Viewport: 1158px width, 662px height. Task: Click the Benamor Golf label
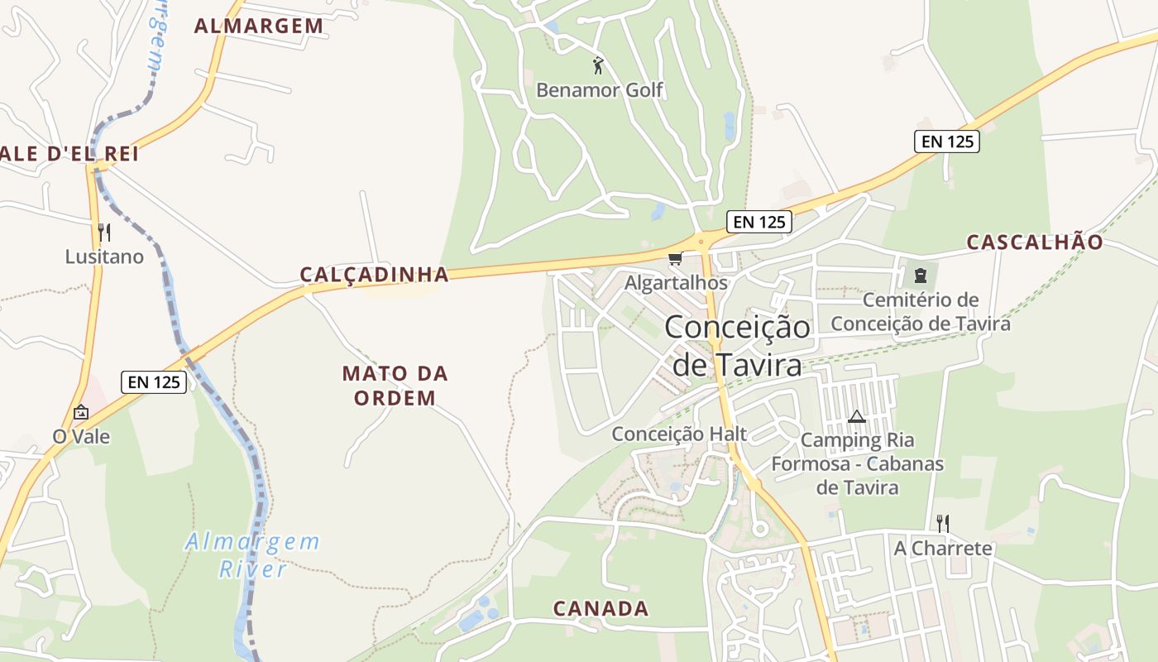coord(600,89)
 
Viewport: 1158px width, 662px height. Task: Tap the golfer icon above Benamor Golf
coord(598,65)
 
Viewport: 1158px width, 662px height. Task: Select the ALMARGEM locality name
coord(259,26)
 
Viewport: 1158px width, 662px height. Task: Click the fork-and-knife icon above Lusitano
coord(104,232)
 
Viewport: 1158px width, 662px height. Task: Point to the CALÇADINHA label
coord(374,275)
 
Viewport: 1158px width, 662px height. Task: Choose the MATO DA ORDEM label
coord(395,386)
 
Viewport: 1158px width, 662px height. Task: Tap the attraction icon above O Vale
coord(81,411)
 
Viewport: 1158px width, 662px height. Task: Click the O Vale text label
coord(81,436)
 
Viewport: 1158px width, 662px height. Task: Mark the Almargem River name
coord(252,555)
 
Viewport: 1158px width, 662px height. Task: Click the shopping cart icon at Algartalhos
coord(676,259)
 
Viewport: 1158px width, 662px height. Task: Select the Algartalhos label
coord(676,283)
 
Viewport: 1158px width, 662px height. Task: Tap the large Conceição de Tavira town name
coord(737,345)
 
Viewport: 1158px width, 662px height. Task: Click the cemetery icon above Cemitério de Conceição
coord(920,276)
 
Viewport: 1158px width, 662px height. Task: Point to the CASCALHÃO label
coord(1035,242)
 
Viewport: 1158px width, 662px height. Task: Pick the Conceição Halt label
coord(679,434)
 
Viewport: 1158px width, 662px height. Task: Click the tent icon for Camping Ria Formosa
coord(857,416)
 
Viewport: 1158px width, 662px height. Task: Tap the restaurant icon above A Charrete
coord(942,523)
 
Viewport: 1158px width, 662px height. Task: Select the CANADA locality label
coord(601,609)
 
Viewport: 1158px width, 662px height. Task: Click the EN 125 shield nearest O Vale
coord(154,382)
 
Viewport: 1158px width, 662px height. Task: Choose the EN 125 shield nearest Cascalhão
coord(947,142)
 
